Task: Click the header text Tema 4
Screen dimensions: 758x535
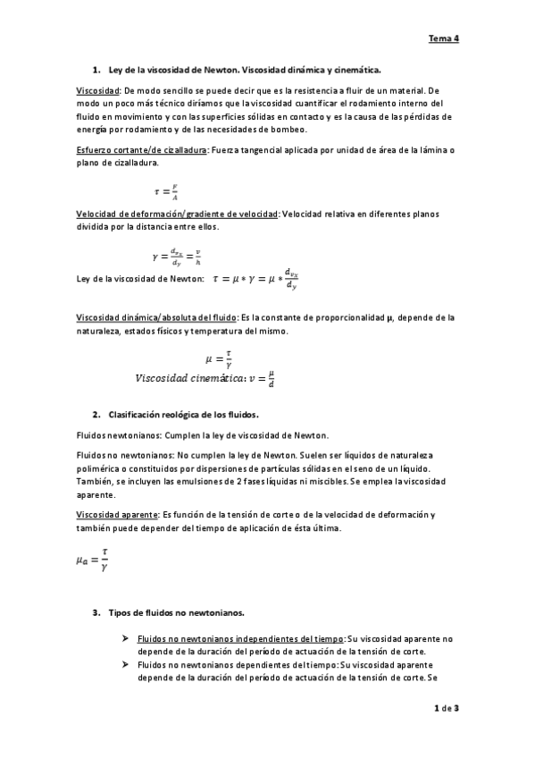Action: pos(443,38)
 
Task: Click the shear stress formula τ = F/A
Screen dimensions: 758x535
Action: pos(167,190)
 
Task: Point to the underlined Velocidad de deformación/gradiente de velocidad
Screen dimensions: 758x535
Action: pos(178,214)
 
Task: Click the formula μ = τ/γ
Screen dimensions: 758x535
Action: pos(220,358)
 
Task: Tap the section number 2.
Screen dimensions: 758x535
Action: pos(96,416)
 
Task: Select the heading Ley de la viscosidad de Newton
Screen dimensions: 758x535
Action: pos(244,69)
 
